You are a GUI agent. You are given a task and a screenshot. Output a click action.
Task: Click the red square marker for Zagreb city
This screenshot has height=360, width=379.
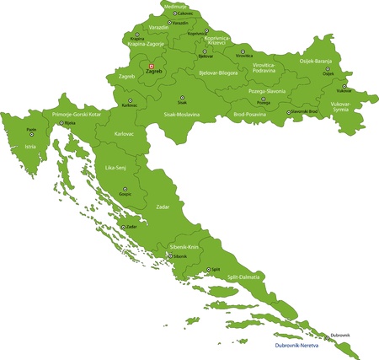pyautogui.click(x=151, y=66)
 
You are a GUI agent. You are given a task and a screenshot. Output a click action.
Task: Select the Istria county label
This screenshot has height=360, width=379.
pyautogui.click(x=31, y=145)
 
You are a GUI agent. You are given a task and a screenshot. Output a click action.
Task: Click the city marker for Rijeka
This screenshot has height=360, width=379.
pyautogui.click(x=60, y=123)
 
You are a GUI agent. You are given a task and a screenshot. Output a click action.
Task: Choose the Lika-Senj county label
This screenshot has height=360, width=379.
pyautogui.click(x=115, y=168)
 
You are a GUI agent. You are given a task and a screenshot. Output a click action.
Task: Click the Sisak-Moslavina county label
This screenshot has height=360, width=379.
pyautogui.click(x=181, y=113)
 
